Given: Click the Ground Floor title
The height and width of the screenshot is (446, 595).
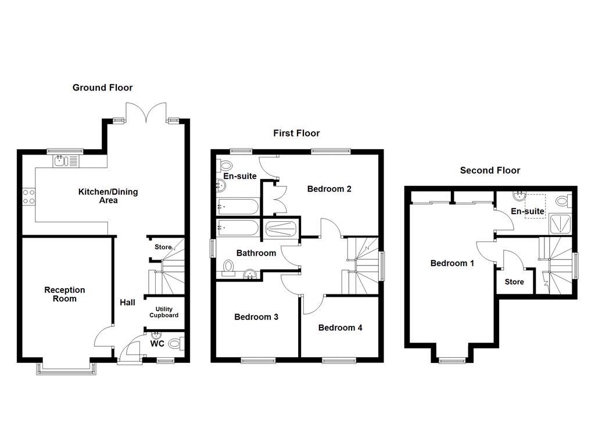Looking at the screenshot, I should [102, 88].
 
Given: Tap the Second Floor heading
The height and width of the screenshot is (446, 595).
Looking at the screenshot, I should [490, 170].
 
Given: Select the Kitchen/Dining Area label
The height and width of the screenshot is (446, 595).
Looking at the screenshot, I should [109, 196].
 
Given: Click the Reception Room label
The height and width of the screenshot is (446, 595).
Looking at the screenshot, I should [64, 294].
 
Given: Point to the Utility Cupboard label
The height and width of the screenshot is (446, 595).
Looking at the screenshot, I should [164, 312].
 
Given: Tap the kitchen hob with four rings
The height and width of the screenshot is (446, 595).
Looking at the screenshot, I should [28, 196].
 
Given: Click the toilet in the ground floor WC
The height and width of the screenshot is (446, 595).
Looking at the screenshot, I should [175, 344].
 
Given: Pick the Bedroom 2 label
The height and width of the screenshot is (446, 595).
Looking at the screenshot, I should [329, 189].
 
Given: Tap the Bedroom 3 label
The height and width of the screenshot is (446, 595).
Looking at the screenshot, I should [256, 317].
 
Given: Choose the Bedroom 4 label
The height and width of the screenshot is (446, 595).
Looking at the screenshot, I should [340, 328].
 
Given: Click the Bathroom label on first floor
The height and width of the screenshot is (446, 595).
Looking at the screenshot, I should [256, 253].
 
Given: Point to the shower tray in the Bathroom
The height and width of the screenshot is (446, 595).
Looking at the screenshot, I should [281, 229].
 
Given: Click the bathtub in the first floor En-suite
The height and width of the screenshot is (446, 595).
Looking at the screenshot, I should [236, 206].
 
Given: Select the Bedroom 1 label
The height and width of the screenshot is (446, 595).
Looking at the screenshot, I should [452, 263].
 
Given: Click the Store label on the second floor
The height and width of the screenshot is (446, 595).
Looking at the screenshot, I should [514, 282].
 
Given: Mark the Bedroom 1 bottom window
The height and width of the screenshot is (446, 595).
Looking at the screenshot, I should [451, 361].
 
